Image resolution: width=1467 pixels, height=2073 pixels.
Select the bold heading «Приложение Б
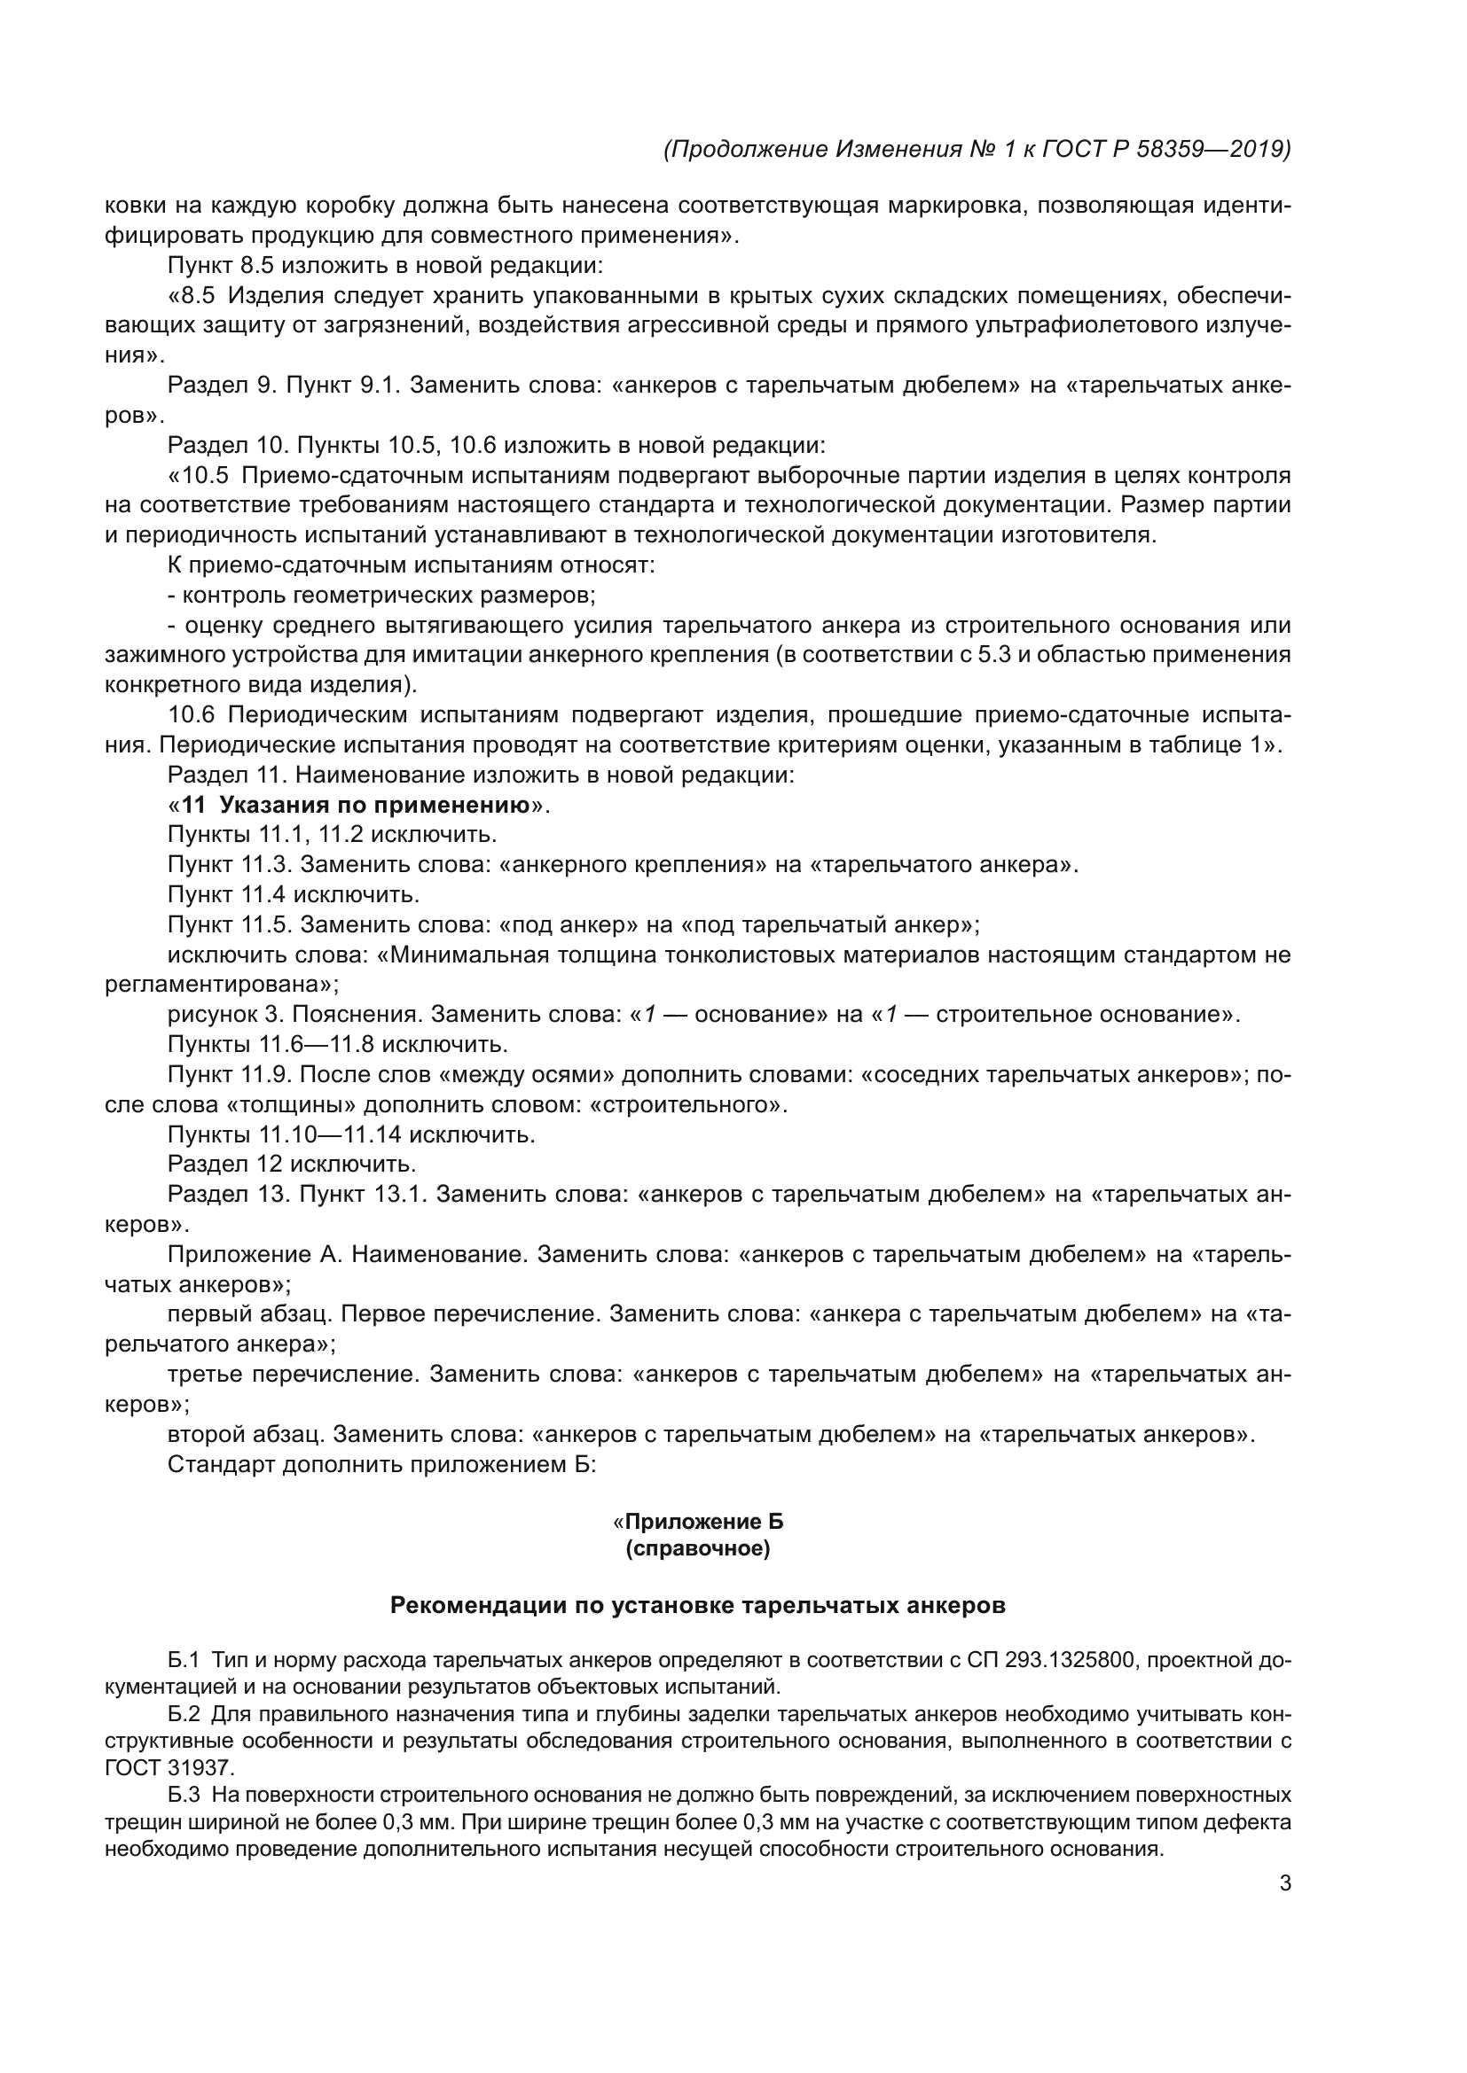tap(697, 1523)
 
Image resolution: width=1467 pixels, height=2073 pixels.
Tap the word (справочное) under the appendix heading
tap(697, 1549)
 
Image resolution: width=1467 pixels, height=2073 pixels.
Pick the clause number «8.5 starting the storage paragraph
tap(192, 296)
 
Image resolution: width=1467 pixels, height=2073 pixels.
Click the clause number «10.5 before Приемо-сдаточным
tap(199, 476)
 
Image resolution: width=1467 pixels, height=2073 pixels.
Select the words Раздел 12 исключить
tap(292, 1164)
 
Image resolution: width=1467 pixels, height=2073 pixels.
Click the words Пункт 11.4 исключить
tap(294, 895)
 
